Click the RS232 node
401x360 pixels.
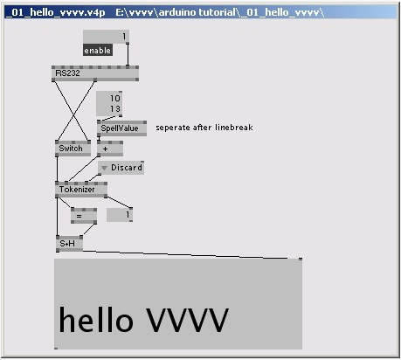(95, 73)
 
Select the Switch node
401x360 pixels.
(73, 149)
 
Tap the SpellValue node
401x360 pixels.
(121, 128)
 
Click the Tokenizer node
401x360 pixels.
(81, 190)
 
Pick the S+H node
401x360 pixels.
(69, 244)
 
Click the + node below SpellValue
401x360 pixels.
(110, 149)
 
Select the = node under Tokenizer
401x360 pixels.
(84, 216)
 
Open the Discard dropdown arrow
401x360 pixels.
(104, 168)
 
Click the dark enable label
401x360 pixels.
(98, 51)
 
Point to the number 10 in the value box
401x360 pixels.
(115, 99)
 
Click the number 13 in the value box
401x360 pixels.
(115, 109)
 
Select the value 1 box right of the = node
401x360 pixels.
(120, 215)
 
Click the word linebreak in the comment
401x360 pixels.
(234, 128)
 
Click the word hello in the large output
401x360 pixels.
(96, 319)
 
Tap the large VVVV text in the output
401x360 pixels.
(187, 320)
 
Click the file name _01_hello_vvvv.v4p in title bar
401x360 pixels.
(55, 12)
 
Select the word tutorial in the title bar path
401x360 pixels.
(217, 12)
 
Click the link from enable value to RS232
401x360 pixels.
(128, 55)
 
